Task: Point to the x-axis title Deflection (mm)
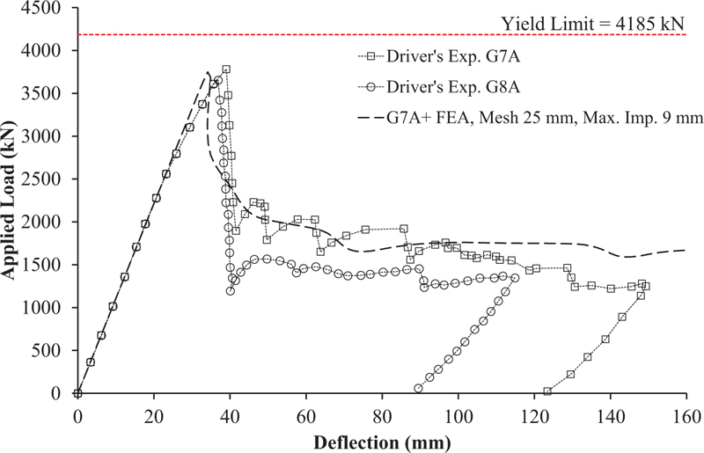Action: coord(382,438)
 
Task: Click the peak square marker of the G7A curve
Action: coord(226,69)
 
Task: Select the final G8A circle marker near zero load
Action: coord(418,388)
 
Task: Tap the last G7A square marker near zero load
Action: coord(547,391)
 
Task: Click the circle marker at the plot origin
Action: coord(77,393)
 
